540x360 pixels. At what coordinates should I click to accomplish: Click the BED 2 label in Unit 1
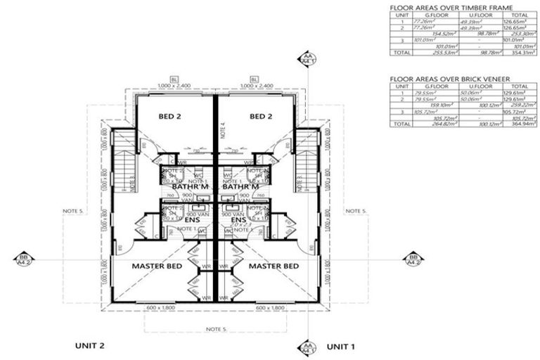[x=259, y=117]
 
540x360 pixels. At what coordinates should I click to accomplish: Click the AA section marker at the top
[x=307, y=58]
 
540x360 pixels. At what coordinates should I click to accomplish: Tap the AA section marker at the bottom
[x=307, y=347]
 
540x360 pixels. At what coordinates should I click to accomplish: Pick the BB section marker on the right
[x=411, y=259]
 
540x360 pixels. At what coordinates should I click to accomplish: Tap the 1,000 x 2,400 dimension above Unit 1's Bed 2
[x=254, y=85]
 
